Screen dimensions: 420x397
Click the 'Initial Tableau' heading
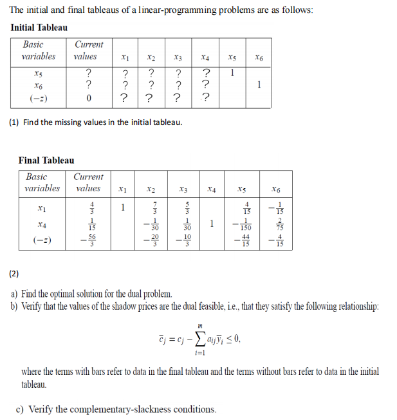click(39, 27)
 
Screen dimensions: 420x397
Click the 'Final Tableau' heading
click(46, 160)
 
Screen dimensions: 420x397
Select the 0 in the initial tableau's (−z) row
click(89, 98)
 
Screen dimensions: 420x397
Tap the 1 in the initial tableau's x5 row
click(232, 72)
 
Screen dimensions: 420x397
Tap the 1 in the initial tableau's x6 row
click(259, 83)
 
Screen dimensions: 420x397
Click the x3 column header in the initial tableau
click(177, 57)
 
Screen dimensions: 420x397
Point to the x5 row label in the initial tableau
click(39, 72)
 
